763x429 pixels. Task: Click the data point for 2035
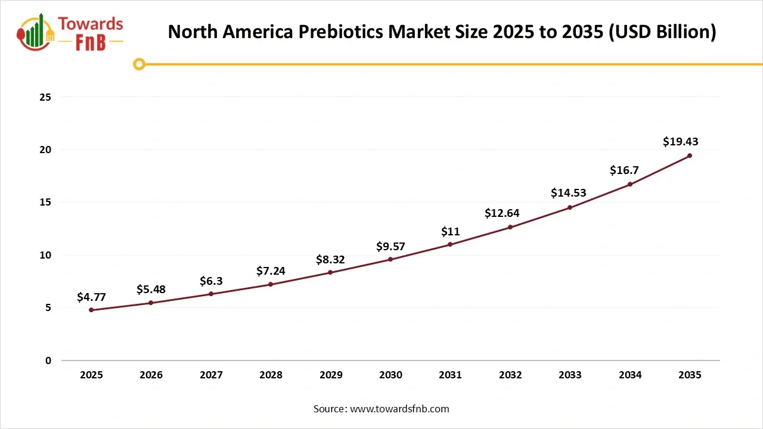pyautogui.click(x=690, y=156)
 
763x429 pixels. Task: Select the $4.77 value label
pyautogui.click(x=91, y=297)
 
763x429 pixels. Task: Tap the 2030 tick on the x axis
pyautogui.click(x=390, y=375)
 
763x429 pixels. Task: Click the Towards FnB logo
pyautogui.click(x=70, y=33)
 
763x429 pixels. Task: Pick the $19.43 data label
pyautogui.click(x=680, y=142)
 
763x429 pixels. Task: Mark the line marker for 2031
pyautogui.click(x=450, y=244)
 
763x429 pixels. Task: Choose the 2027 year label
pyautogui.click(x=211, y=375)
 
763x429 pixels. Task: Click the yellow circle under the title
pyautogui.click(x=139, y=64)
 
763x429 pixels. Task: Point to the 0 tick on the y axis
pyautogui.click(x=48, y=360)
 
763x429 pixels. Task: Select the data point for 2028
pyautogui.click(x=271, y=284)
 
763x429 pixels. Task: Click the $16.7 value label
pyautogui.click(x=624, y=170)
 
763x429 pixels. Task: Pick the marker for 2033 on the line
pyautogui.click(x=570, y=207)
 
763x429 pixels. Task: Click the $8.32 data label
pyautogui.click(x=330, y=260)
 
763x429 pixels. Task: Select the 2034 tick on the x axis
pyautogui.click(x=630, y=375)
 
